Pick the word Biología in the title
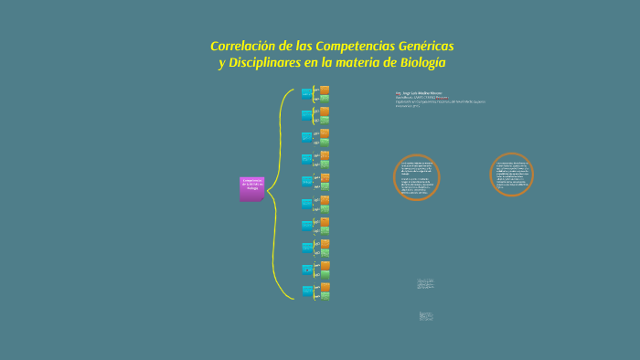(421, 62)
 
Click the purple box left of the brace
(252, 188)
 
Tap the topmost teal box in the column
(306, 93)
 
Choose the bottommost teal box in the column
(306, 290)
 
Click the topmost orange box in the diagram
(324, 90)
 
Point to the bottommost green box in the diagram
(324, 296)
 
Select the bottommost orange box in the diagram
(324, 286)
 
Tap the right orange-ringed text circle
(512, 175)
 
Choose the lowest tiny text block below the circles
(425, 315)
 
